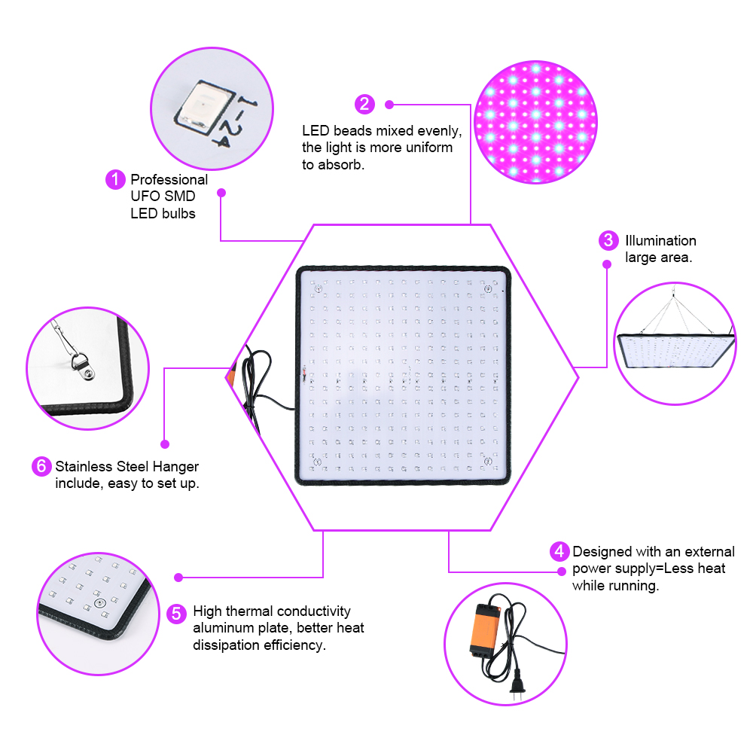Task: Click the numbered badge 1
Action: coord(114,180)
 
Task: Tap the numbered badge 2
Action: coord(364,104)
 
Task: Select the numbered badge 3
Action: coord(608,241)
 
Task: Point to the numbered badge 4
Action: coord(559,552)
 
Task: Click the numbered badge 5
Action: coord(175,614)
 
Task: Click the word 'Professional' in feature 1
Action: coord(169,180)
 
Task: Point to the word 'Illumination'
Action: coord(660,241)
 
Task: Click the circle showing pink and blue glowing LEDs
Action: coord(536,122)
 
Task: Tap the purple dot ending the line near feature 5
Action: coord(178,578)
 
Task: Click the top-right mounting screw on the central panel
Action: coord(488,288)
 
